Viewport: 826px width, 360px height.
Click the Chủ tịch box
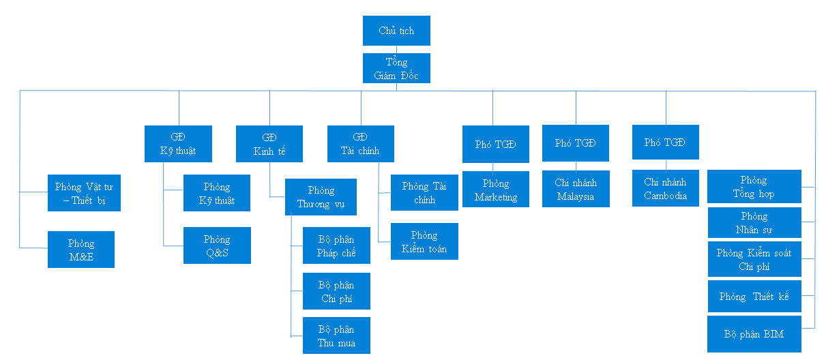click(x=396, y=31)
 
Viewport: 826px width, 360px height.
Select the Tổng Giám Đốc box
click(x=396, y=68)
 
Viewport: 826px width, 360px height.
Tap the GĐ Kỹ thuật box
click(x=178, y=144)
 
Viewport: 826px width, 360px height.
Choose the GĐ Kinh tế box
click(x=269, y=144)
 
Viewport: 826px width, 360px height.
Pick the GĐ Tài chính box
click(x=361, y=144)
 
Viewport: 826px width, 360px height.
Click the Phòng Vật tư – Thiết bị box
click(x=84, y=193)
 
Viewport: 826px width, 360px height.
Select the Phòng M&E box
click(x=81, y=250)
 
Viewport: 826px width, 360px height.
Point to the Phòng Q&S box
click(x=217, y=245)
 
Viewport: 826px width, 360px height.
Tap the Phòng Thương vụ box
click(x=321, y=197)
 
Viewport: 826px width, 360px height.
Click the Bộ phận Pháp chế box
click(x=336, y=245)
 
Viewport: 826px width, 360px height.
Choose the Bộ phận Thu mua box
click(x=336, y=335)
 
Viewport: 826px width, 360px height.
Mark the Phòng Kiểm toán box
click(x=424, y=241)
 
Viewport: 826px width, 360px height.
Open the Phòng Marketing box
click(x=496, y=189)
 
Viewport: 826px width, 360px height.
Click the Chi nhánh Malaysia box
click(x=576, y=189)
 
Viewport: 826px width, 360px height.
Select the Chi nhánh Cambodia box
click(x=666, y=188)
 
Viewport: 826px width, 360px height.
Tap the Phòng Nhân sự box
click(x=754, y=222)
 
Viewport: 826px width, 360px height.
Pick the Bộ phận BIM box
click(x=754, y=334)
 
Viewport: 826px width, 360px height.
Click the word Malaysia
click(x=576, y=196)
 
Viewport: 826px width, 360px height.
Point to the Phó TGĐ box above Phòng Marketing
click(x=496, y=144)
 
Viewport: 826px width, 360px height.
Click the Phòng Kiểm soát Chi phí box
click(x=754, y=259)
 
